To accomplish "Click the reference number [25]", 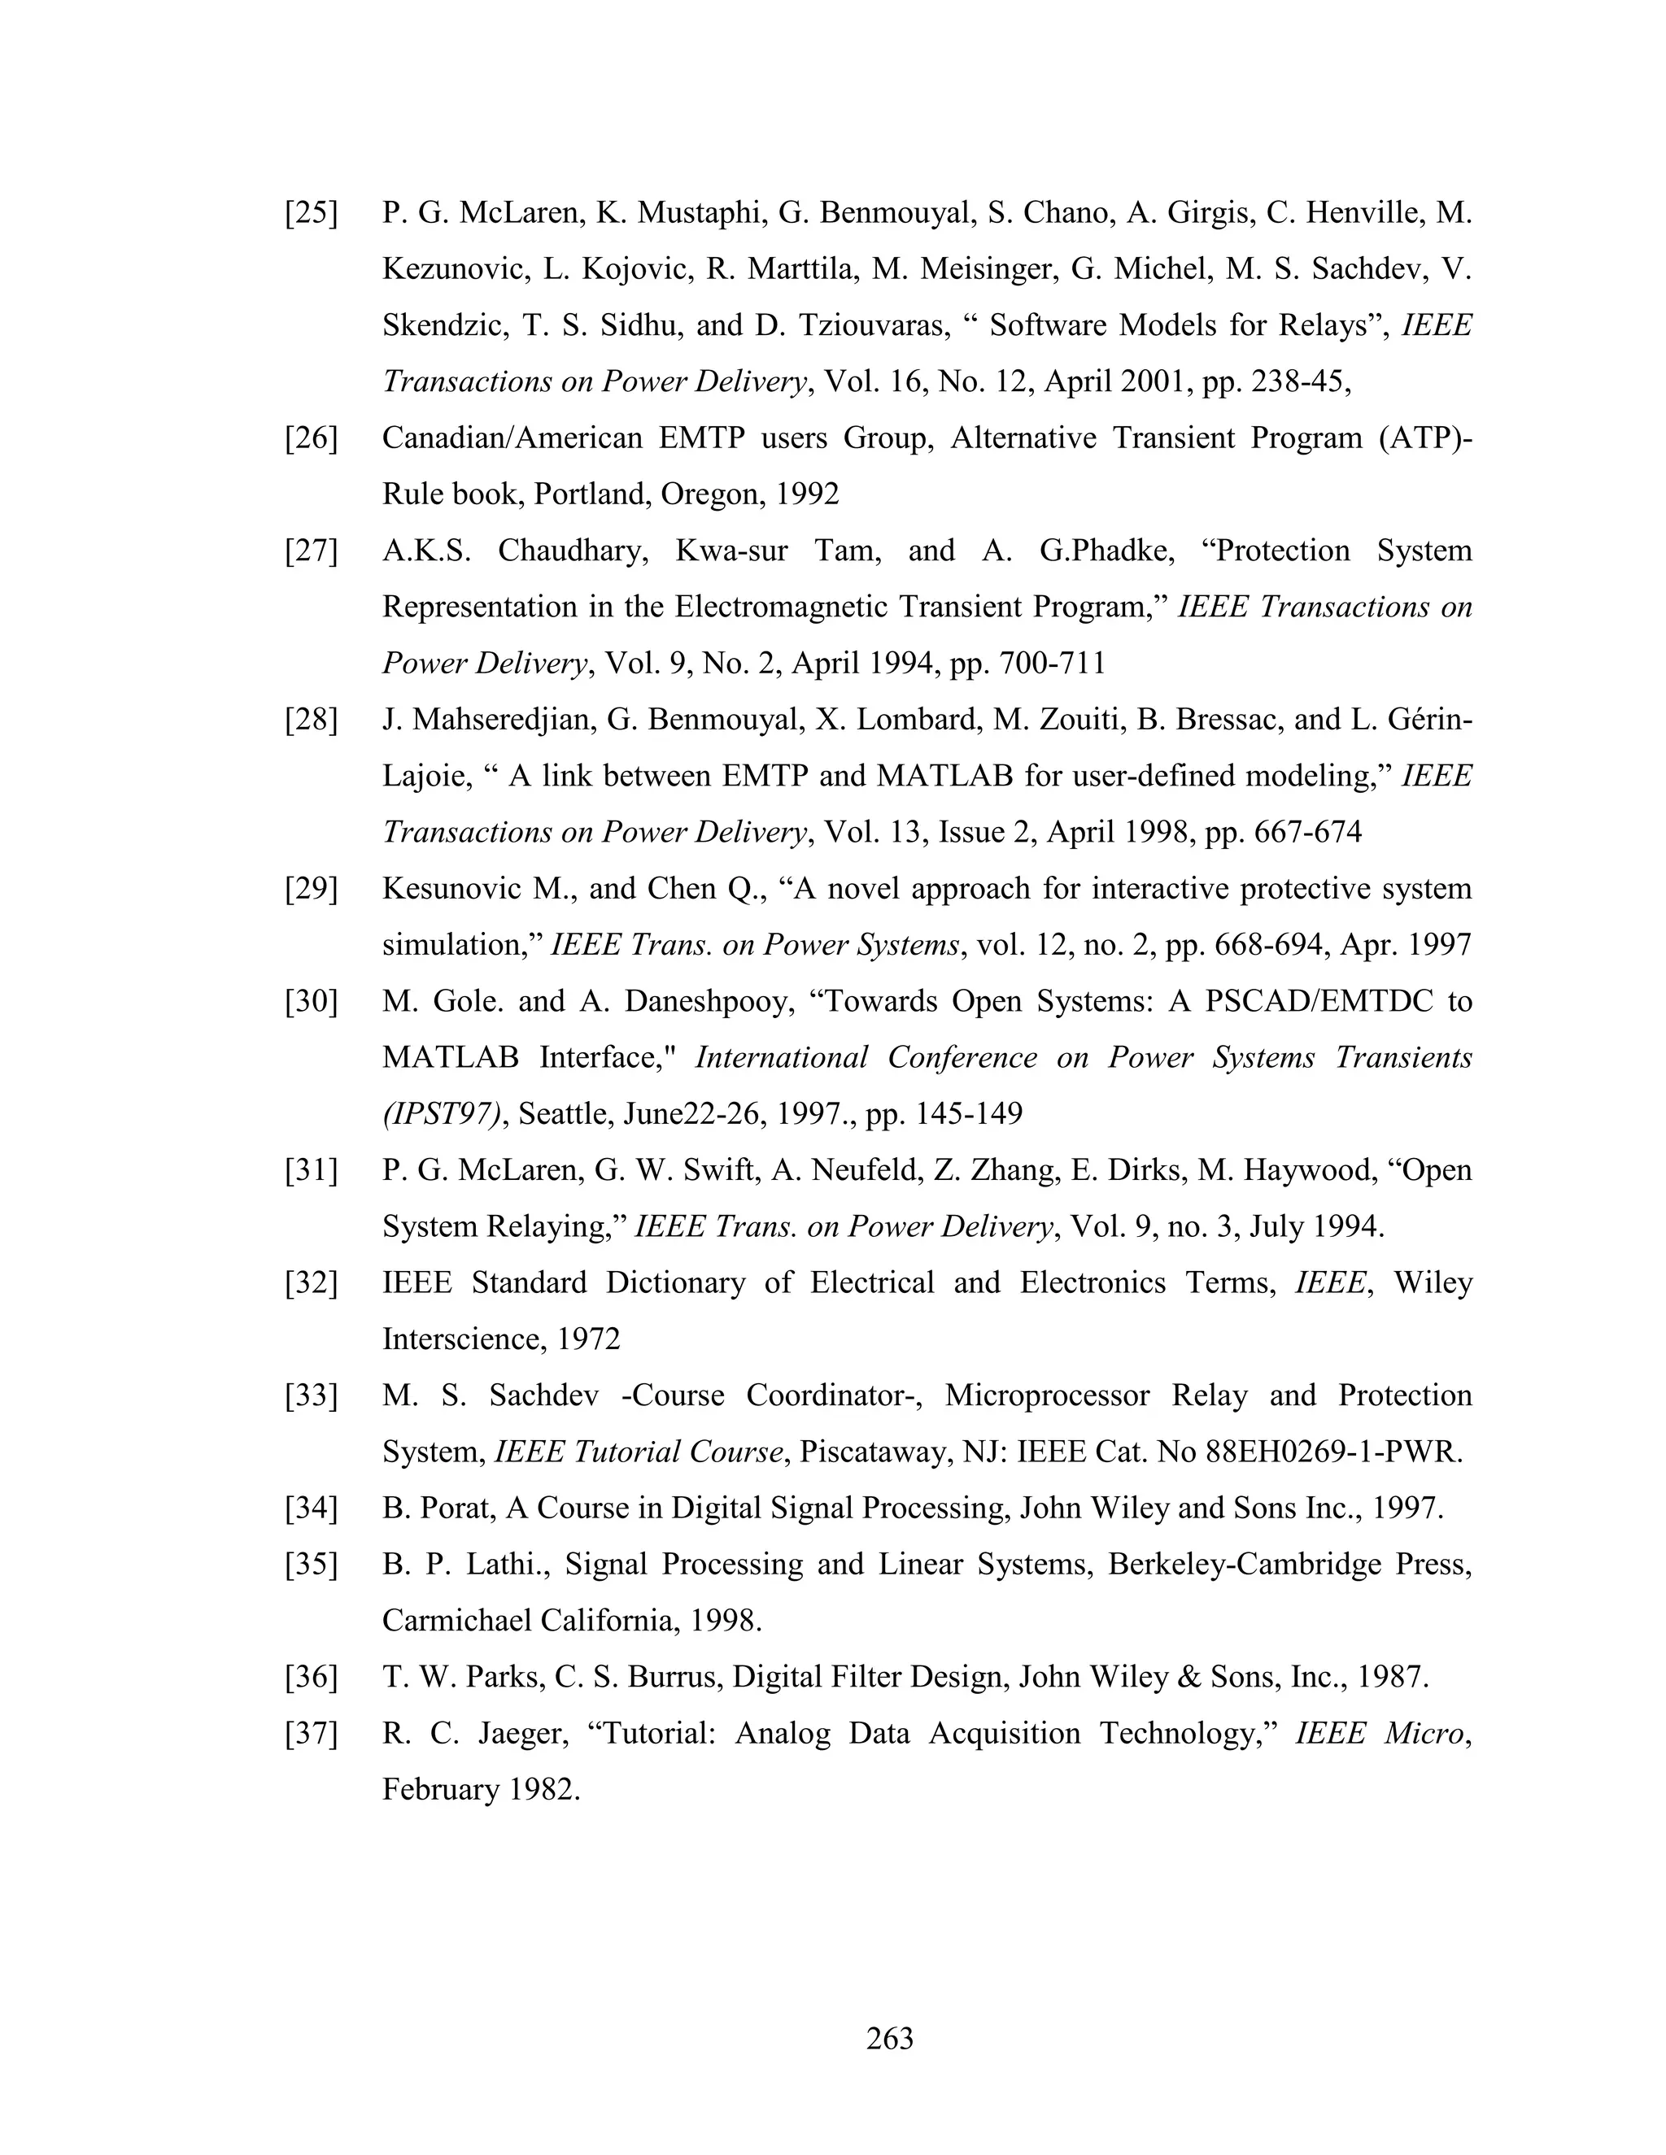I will click(x=311, y=213).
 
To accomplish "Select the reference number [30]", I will click(x=311, y=1002).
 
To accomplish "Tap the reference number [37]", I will click(x=311, y=1734).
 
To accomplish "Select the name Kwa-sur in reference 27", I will click(x=731, y=551).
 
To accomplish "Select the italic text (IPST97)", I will click(x=443, y=1115).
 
